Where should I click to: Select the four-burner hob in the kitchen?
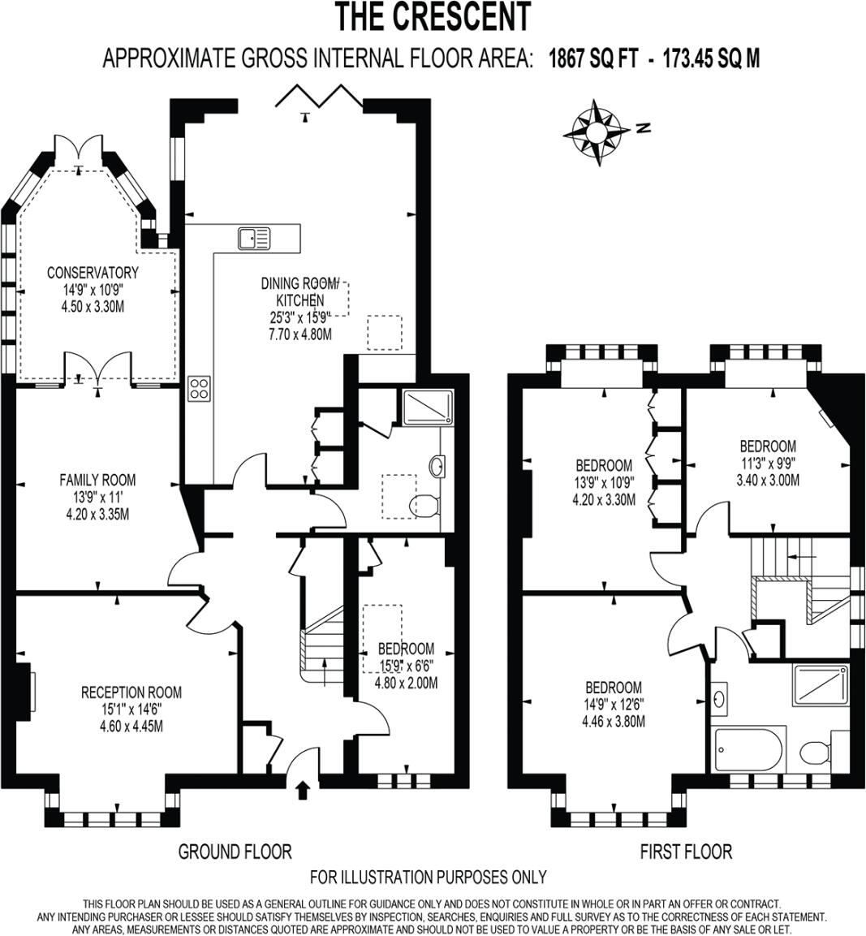199,389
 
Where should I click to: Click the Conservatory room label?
93,273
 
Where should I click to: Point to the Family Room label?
97,480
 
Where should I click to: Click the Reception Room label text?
131,692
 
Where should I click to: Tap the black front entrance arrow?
304,790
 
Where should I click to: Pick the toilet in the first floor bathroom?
814,752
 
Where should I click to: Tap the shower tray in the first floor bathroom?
821,684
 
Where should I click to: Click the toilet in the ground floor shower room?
424,505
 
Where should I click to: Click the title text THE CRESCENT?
433,17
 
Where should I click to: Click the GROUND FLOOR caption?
235,852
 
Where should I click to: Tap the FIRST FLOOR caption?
686,852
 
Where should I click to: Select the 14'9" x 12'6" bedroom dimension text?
614,704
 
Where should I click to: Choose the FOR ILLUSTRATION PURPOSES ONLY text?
429,878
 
